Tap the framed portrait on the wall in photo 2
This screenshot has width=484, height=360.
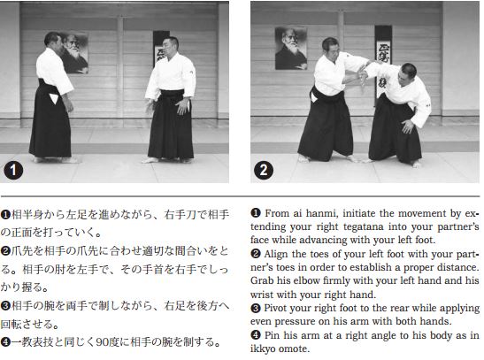[x=291, y=48]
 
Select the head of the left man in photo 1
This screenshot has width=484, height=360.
[x=53, y=42]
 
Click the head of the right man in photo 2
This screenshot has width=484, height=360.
[x=408, y=72]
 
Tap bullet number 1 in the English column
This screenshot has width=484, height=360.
[x=257, y=211]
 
